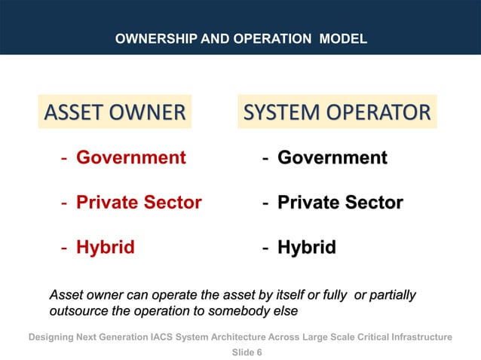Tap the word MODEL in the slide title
[x=343, y=38]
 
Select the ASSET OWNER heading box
[x=115, y=113]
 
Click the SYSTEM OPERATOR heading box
[x=337, y=113]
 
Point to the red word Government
[x=131, y=157]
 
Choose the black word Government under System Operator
[x=332, y=157]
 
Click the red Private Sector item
[x=139, y=202]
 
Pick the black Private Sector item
[x=340, y=202]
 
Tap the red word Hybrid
[x=106, y=247]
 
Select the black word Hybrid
[x=307, y=247]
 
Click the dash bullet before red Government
[x=66, y=157]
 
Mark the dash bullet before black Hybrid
[x=266, y=247]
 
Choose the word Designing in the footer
[x=54, y=337]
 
